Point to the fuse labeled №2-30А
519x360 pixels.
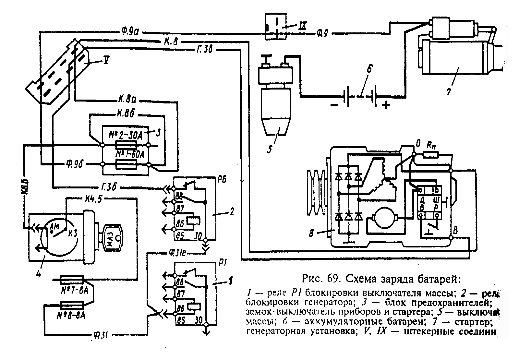[126, 145]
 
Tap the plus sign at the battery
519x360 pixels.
[386, 105]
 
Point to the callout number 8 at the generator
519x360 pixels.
[312, 234]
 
